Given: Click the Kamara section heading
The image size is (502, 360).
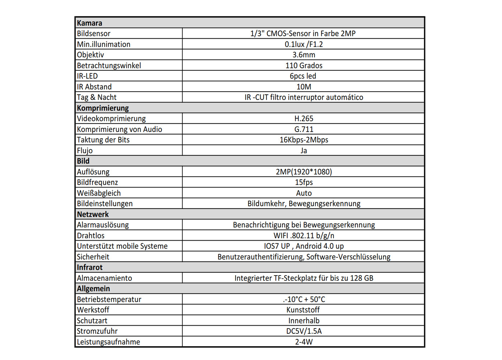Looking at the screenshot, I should coord(90,23).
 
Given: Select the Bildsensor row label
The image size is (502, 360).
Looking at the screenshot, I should coord(94,34).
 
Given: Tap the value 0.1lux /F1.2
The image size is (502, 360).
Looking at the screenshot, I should coord(304,45).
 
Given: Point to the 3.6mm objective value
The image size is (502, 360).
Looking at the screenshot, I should coord(304,55).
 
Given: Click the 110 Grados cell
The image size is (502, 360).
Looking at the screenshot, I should coord(304,66).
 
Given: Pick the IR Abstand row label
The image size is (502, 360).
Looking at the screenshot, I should coord(94,87).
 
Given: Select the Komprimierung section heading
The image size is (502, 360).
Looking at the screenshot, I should coord(103,108).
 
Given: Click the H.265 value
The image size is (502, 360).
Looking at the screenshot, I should coord(304,119).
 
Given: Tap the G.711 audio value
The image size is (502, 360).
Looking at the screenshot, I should coord(304,129).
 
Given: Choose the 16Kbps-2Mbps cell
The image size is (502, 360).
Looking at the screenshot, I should coord(304,140).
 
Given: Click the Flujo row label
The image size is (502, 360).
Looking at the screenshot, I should coord(85,151).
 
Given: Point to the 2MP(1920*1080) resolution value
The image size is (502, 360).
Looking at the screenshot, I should coord(304,172).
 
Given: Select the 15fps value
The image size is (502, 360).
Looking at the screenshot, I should coord(304,182).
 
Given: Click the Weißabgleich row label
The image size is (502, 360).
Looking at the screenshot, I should coord(99,193).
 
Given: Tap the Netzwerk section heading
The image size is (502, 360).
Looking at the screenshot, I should coord(93,214).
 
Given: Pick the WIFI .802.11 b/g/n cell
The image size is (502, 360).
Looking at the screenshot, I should coord(304,236).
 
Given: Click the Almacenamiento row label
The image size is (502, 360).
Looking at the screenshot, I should coord(104,278).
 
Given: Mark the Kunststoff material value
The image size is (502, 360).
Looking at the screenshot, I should coord(303,310).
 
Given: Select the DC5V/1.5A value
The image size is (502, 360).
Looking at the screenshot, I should coord(304,331).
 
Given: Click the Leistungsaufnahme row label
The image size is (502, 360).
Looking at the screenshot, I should coord(108,342).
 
